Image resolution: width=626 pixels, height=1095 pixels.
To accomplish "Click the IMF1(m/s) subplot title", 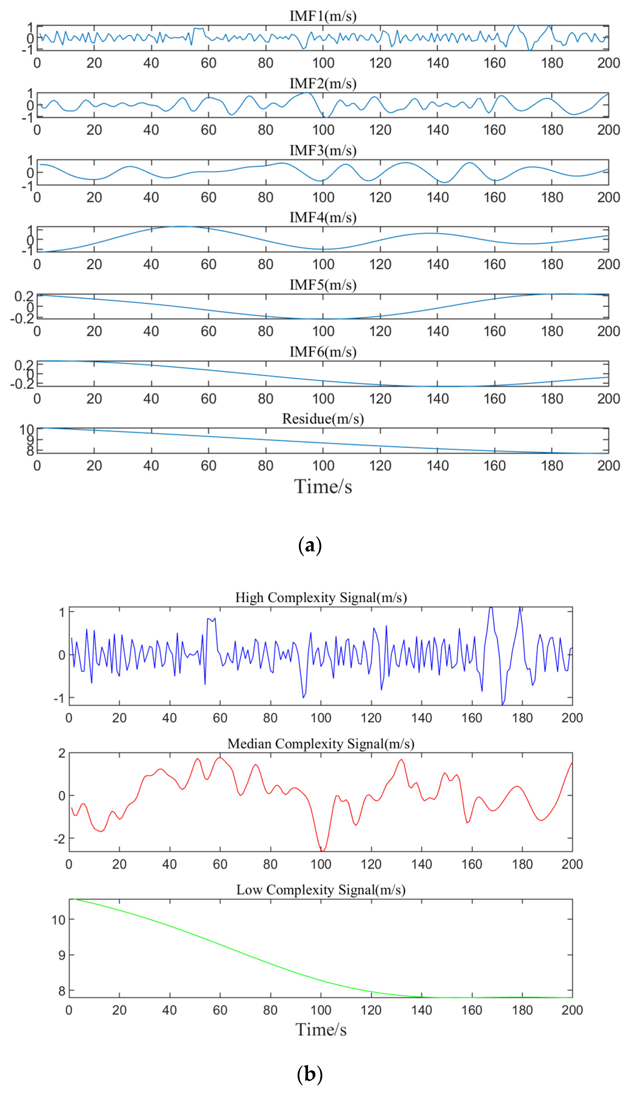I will pos(323,16).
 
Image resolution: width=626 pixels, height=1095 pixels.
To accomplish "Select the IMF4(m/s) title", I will pos(323,218).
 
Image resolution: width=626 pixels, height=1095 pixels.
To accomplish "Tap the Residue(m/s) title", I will pos(323,419).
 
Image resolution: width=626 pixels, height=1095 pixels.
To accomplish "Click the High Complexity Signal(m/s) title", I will pos(321,598).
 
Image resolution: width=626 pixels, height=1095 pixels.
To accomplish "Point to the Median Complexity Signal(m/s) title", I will pos(321,743).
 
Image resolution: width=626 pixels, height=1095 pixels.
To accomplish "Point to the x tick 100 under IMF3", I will pos(323,197).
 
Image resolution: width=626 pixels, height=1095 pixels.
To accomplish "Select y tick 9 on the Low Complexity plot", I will pos(62,955).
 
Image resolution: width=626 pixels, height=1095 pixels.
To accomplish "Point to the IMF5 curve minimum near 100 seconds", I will pos(323,319).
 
